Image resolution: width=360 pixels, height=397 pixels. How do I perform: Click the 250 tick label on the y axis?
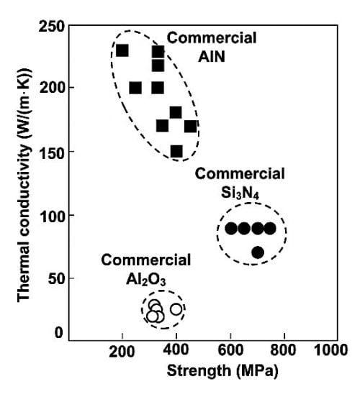coord(55,27)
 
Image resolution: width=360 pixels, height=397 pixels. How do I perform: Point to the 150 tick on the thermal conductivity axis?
coord(55,152)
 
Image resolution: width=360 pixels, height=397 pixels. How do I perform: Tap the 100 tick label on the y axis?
coord(55,215)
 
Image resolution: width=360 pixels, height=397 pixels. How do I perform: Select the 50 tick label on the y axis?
coord(58,278)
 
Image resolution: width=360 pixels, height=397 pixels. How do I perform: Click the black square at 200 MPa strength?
coord(122,50)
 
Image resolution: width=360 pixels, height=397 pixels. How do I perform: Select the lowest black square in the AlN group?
coord(176,151)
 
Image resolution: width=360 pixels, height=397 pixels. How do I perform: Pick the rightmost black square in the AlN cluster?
coord(190,127)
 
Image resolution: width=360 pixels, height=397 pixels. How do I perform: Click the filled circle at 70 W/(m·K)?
coord(258,252)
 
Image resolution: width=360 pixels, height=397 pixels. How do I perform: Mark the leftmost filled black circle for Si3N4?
coord(231,229)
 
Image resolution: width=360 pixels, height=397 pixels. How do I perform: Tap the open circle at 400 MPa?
coord(176,309)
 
